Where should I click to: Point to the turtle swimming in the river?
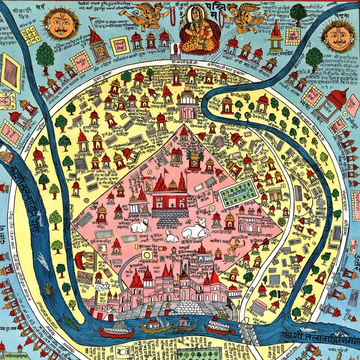[48, 288]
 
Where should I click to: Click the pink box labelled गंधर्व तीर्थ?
[119, 46]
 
